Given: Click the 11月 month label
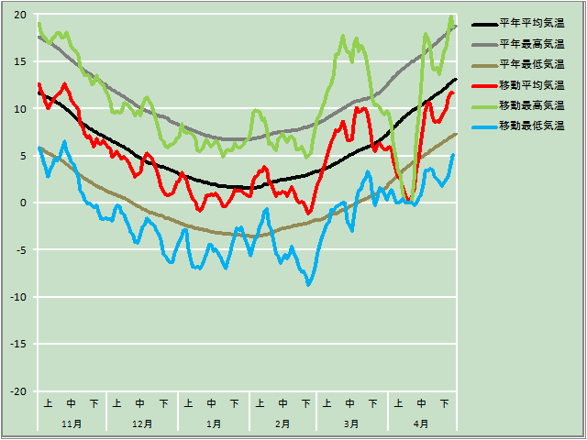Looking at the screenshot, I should pyautogui.click(x=72, y=424).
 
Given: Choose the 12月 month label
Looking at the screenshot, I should pyautogui.click(x=142, y=424).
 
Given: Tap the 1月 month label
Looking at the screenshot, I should pyautogui.click(x=213, y=424).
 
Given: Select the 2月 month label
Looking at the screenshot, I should pyautogui.click(x=282, y=424).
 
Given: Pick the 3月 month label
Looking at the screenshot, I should pyautogui.click(x=351, y=424).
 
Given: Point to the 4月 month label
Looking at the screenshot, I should pyautogui.click(x=421, y=424).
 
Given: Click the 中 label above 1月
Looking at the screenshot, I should pyautogui.click(x=212, y=403).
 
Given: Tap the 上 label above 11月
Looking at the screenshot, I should pyautogui.click(x=48, y=403).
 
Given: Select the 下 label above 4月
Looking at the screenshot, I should pyautogui.click(x=444, y=403).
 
